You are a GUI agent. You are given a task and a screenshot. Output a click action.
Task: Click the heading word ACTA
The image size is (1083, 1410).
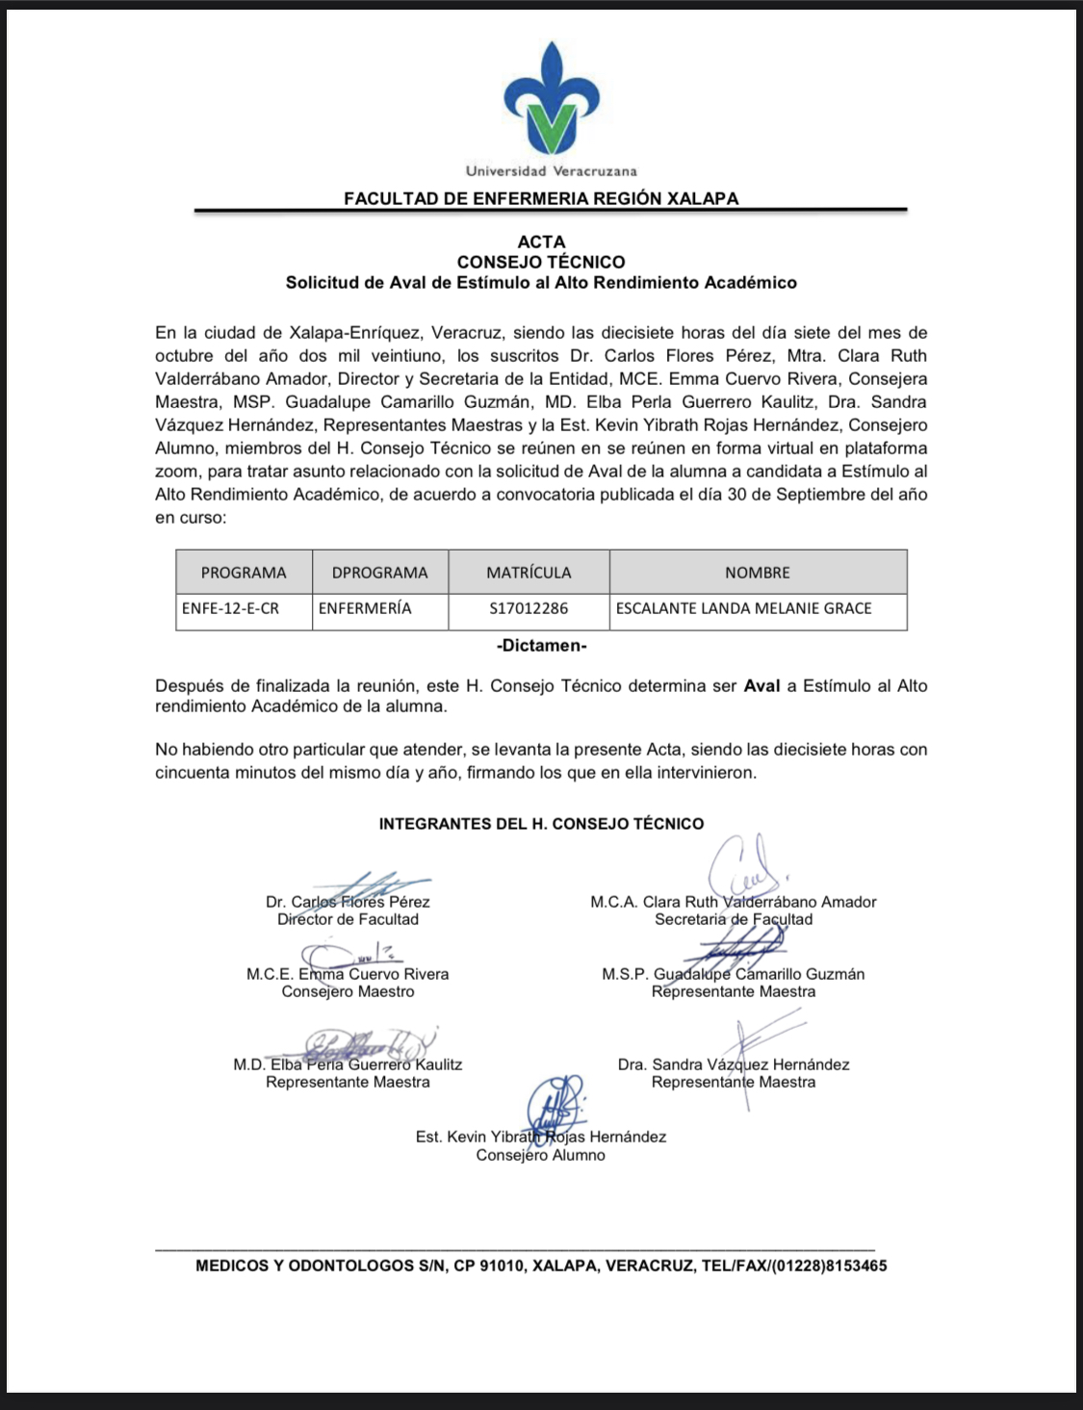[x=541, y=242]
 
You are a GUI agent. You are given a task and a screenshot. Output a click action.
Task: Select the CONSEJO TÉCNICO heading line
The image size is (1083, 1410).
[x=541, y=262]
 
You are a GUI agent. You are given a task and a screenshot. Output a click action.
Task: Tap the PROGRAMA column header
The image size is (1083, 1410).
[x=244, y=573]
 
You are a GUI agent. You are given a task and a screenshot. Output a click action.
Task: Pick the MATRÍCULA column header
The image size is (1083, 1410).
[x=529, y=573]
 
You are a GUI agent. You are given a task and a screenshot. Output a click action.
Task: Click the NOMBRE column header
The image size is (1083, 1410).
[x=758, y=573]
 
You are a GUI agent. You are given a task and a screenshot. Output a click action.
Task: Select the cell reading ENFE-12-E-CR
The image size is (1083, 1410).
[x=230, y=608]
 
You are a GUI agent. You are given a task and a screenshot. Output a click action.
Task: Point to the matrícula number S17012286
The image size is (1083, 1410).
[x=529, y=608]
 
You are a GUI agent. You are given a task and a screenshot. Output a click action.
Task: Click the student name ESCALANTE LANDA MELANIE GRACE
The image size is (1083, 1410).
[x=743, y=608]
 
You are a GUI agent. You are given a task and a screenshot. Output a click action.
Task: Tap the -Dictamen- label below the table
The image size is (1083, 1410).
[x=541, y=646]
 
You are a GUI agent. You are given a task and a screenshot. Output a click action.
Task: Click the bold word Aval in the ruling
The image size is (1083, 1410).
[x=761, y=686]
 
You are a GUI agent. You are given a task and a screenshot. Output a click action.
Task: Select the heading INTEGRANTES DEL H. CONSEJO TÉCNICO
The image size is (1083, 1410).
[x=541, y=824]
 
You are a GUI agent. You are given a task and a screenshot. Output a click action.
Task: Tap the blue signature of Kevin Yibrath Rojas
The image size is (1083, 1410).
[x=555, y=1104]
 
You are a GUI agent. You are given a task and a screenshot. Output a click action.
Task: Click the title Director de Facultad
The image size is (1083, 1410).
[x=348, y=919]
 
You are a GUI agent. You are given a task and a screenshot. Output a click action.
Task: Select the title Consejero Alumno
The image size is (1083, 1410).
[x=540, y=1155]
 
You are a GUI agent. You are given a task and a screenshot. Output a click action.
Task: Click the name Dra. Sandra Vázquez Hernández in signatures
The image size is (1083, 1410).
[x=734, y=1064]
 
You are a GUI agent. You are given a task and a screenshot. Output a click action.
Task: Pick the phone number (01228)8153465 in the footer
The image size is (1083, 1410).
[x=827, y=1266]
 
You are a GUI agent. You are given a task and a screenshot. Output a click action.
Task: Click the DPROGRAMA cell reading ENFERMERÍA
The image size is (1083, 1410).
[x=365, y=608]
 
